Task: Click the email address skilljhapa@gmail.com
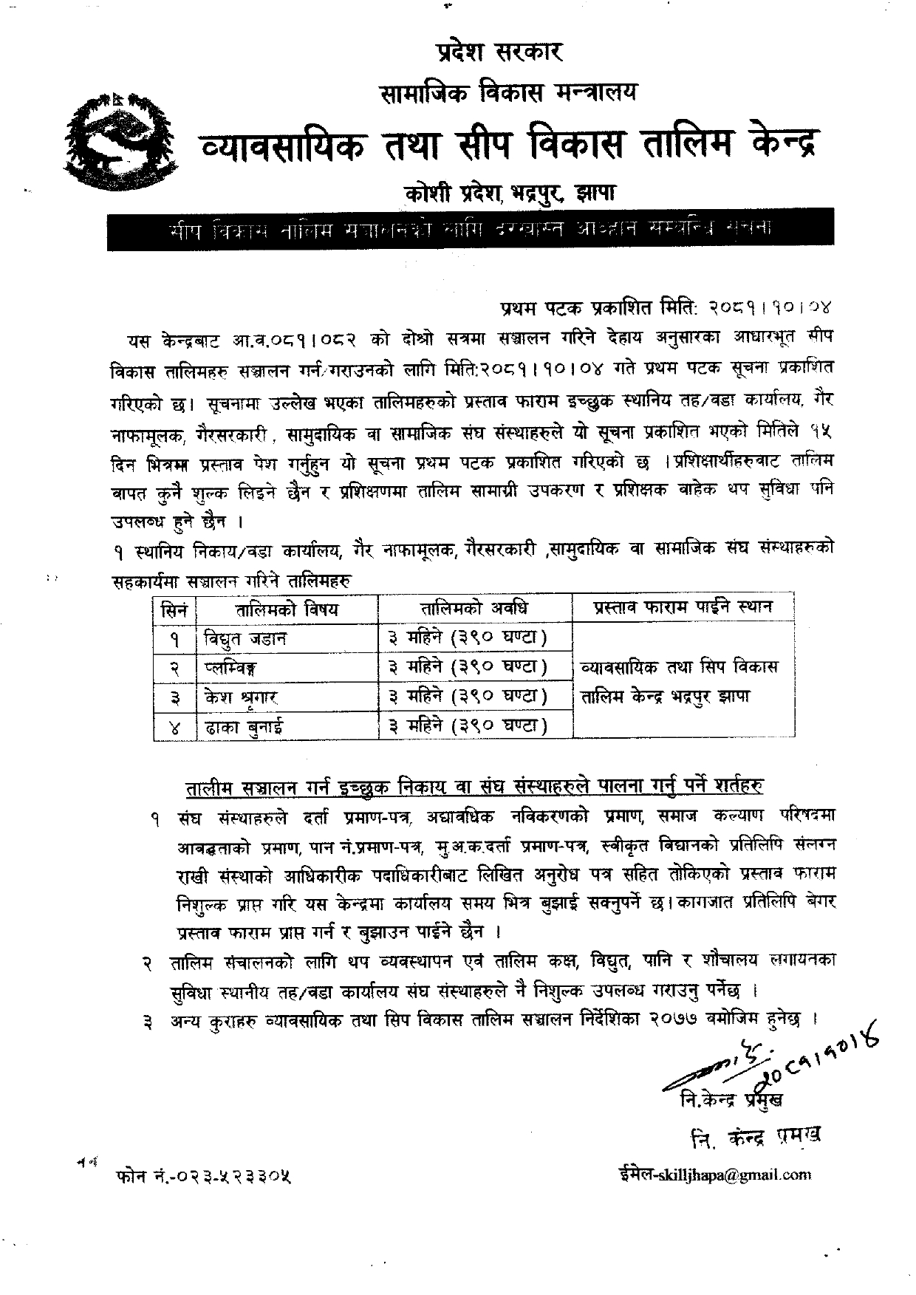point(714,1175)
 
